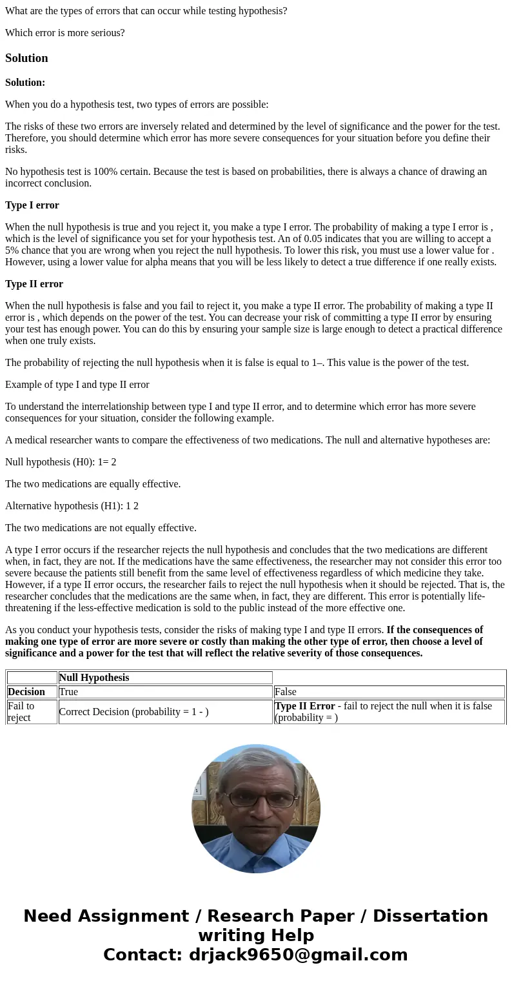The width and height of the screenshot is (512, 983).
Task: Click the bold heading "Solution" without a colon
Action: pyautogui.click(x=26, y=58)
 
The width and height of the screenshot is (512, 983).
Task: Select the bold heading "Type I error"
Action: pyautogui.click(x=32, y=205)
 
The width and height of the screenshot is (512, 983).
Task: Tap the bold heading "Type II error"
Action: pyautogui.click(x=34, y=284)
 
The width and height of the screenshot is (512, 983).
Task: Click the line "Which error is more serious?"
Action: pyautogui.click(x=65, y=32)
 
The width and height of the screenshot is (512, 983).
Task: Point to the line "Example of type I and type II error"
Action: pyautogui.click(x=77, y=385)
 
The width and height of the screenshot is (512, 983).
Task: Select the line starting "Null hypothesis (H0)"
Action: pyautogui.click(x=61, y=462)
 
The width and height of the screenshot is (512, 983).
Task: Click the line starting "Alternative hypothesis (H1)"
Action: pyautogui.click(x=72, y=506)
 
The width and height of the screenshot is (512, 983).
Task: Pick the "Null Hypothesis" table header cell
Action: pyautogui.click(x=94, y=678)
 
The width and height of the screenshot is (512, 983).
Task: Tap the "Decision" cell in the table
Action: pyautogui.click(x=26, y=692)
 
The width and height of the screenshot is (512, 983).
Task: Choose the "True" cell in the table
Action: pyautogui.click(x=68, y=692)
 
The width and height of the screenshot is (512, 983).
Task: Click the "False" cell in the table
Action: pyautogui.click(x=286, y=692)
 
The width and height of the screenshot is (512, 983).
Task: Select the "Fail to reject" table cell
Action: pyautogui.click(x=22, y=711)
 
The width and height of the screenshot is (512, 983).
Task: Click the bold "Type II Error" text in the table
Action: pyautogui.click(x=305, y=706)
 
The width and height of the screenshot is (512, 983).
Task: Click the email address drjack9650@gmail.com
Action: pyautogui.click(x=298, y=955)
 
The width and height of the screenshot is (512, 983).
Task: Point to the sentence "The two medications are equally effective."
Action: pyautogui.click(x=93, y=484)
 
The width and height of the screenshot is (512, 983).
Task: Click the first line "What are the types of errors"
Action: pyautogui.click(x=146, y=10)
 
